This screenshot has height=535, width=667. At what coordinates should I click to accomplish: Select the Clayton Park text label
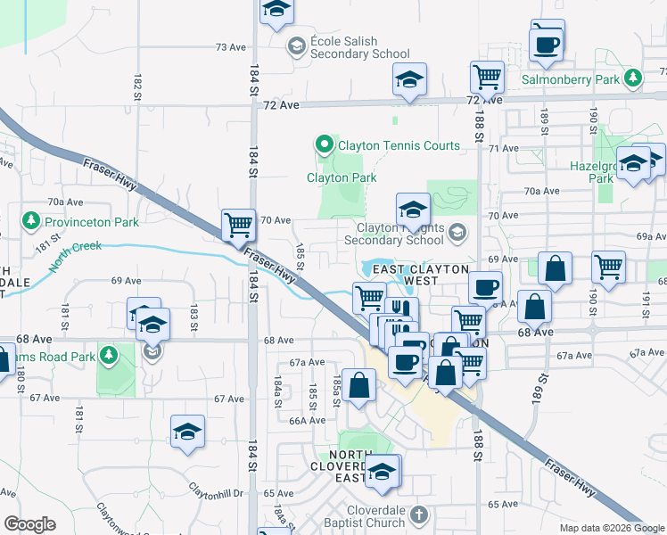pyautogui.click(x=341, y=177)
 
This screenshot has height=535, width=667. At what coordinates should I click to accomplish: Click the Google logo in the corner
pyautogui.click(x=30, y=524)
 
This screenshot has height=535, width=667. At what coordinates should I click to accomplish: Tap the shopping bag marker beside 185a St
pyautogui.click(x=358, y=385)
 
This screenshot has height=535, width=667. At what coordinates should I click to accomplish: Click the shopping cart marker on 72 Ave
pyautogui.click(x=487, y=77)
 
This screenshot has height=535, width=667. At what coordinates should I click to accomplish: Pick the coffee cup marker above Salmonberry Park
pyautogui.click(x=546, y=42)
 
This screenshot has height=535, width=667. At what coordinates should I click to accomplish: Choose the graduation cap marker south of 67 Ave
pyautogui.click(x=188, y=432)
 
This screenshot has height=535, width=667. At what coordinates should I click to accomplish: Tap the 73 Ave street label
pyautogui.click(x=230, y=46)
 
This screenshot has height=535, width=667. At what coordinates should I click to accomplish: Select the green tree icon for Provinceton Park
pyautogui.click(x=30, y=220)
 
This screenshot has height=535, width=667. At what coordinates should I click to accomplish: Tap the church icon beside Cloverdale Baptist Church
pyautogui.click(x=420, y=514)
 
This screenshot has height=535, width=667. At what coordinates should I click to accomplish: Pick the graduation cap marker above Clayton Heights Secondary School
pyautogui.click(x=413, y=210)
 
